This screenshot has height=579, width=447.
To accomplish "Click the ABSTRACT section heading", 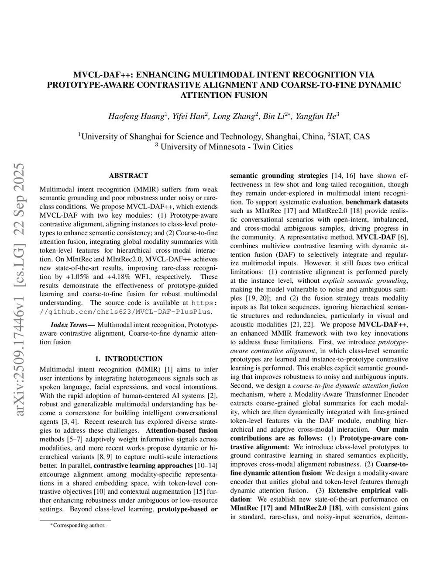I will click(128, 176).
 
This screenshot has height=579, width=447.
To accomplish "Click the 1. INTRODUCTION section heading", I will click(128, 359).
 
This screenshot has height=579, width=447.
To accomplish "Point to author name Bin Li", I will click(275, 116).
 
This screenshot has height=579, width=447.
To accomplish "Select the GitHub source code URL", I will click(126, 312).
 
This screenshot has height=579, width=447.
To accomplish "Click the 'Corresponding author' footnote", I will click(79, 525).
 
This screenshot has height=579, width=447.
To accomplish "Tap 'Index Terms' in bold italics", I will click(72, 325).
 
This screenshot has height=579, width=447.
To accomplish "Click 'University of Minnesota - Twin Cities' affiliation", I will click(226, 147).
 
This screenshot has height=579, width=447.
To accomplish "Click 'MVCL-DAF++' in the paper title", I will click(103, 75).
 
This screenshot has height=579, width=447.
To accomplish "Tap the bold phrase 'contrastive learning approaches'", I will click(143, 465).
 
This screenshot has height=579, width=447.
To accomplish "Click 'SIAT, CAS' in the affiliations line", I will click(351, 137).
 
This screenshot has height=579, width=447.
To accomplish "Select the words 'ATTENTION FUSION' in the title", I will click(223, 95).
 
